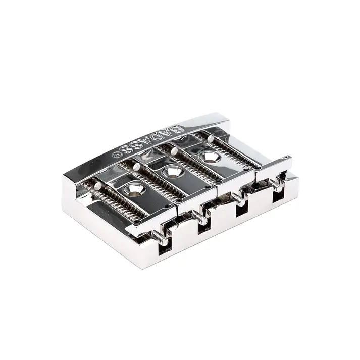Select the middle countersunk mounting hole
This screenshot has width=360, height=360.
[x=171, y=173]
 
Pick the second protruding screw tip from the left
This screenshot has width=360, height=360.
[x=200, y=219]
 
